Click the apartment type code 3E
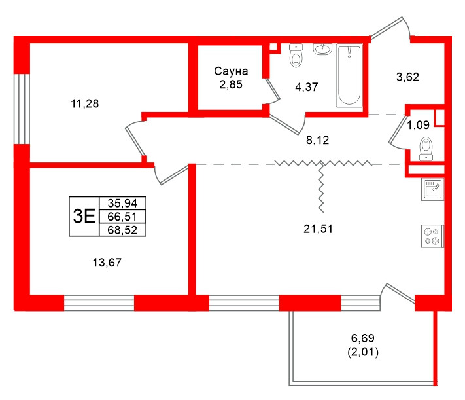tap(84, 215)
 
